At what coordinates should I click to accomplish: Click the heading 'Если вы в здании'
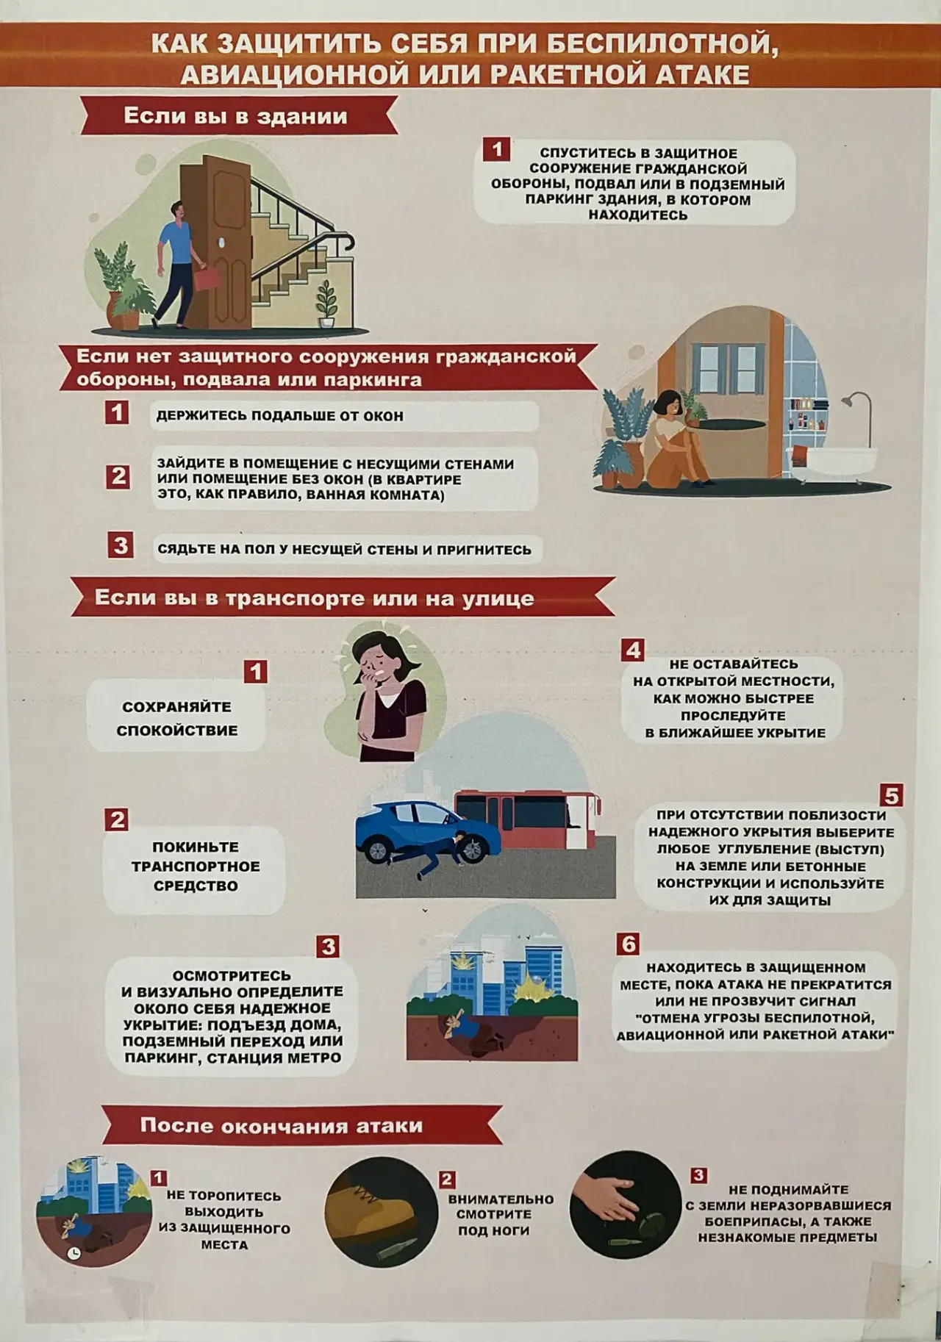point(235,116)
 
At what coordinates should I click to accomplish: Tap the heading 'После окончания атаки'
point(282,1125)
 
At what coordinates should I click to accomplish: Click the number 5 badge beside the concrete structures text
point(891,795)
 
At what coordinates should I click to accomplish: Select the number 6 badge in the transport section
point(628,944)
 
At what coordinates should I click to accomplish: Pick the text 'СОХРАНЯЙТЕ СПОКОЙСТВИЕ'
point(177,718)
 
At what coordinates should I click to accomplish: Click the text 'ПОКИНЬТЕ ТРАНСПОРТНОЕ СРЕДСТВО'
point(196,866)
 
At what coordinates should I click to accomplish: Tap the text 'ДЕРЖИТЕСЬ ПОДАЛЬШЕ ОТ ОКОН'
point(279,416)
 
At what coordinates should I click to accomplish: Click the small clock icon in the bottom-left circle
point(74,1254)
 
